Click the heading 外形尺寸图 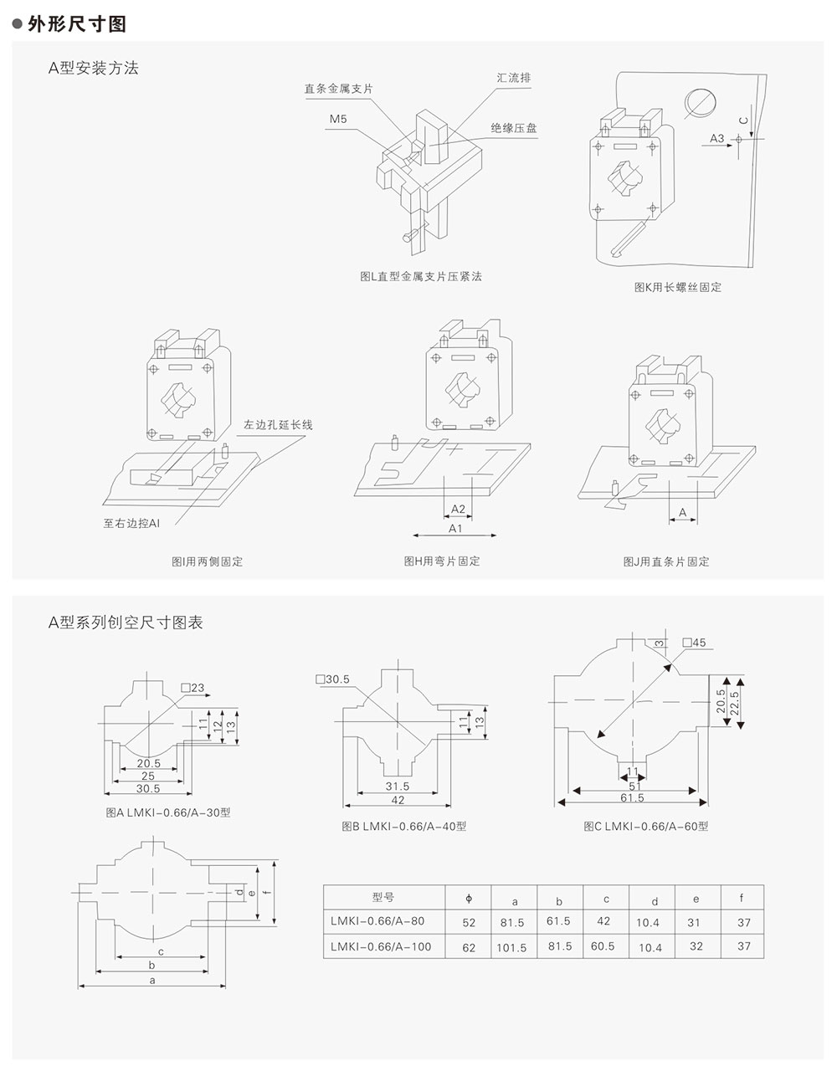tap(76, 24)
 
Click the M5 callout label tap(338, 120)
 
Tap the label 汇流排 tap(513, 78)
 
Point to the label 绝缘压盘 tap(514, 128)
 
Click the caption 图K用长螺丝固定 tap(677, 287)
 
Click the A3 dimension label tap(717, 137)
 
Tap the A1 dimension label tap(456, 529)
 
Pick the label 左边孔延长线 tap(278, 425)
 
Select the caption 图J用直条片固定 tap(665, 561)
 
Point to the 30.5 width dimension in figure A tap(148, 788)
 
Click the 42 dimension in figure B tap(398, 800)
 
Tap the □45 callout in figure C tap(694, 643)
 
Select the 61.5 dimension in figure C tap(632, 798)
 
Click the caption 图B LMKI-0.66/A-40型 tap(404, 826)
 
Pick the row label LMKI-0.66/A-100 tap(381, 946)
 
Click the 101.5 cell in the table tap(511, 948)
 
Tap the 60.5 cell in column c tap(603, 946)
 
